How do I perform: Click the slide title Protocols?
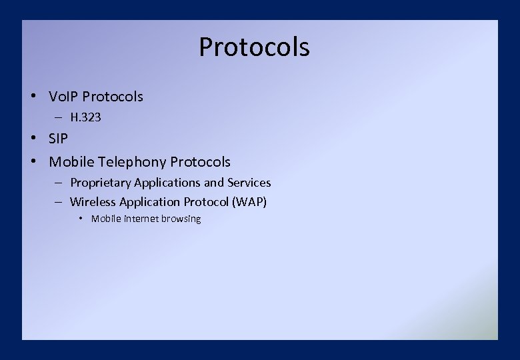click(254, 47)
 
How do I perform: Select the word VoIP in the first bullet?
click(63, 97)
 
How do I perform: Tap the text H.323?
click(85, 117)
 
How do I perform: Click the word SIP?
click(59, 139)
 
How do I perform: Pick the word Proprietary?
click(101, 183)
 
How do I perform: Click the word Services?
click(249, 183)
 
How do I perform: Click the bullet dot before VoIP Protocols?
click(33, 96)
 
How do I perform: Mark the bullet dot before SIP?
click(33, 139)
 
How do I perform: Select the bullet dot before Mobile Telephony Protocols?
click(33, 161)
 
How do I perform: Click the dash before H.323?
click(59, 117)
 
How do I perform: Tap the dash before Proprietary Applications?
click(59, 183)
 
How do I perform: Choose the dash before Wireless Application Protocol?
click(59, 202)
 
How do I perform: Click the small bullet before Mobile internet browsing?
click(81, 219)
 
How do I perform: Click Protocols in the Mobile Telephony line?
click(201, 162)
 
